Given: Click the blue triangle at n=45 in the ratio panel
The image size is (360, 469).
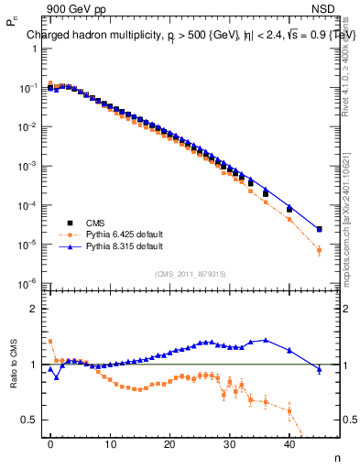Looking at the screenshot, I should [319, 369].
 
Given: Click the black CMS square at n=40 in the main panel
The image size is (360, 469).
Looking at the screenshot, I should [289, 210].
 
